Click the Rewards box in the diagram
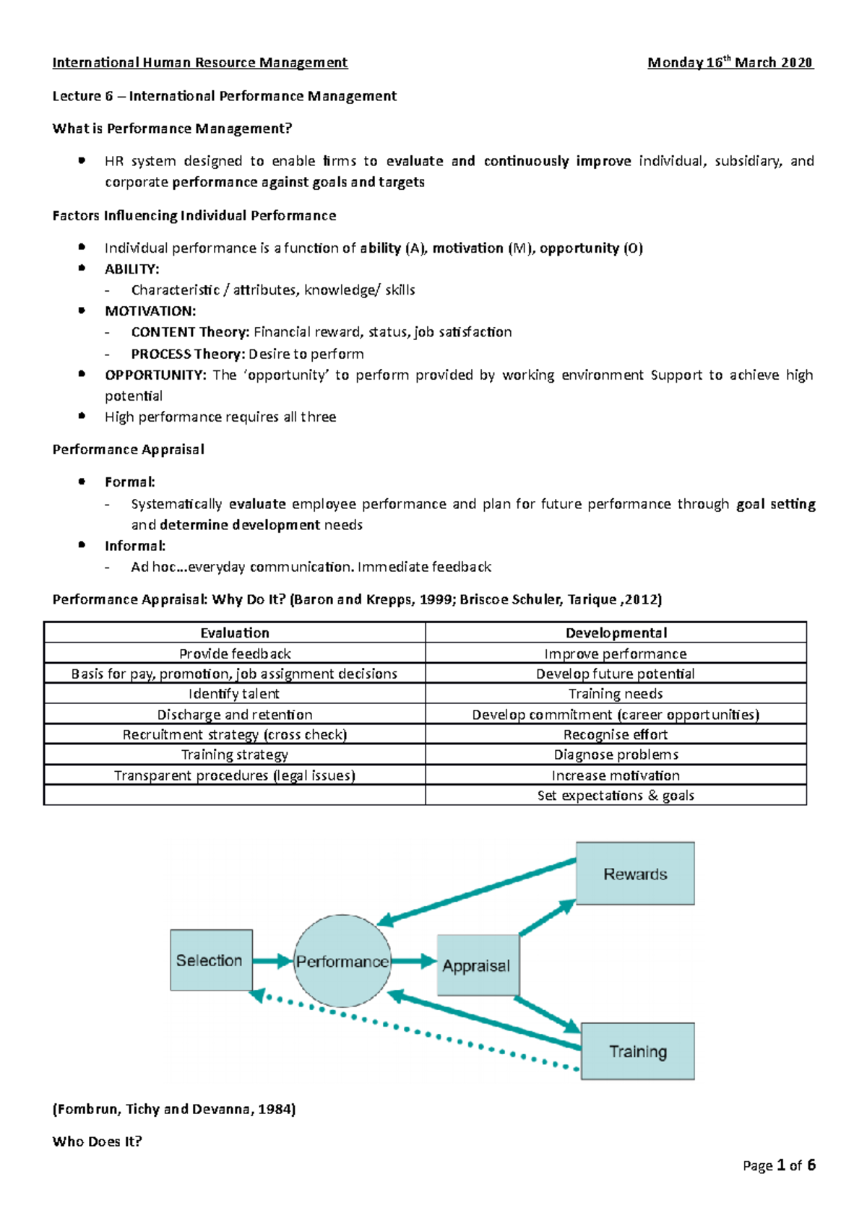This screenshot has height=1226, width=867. click(x=635, y=874)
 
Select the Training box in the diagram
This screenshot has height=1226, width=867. click(x=637, y=1051)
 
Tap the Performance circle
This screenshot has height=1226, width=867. click(x=342, y=961)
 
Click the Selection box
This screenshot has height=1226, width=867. click(x=211, y=960)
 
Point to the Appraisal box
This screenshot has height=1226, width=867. click(x=477, y=965)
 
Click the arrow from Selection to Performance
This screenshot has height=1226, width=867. click(x=272, y=961)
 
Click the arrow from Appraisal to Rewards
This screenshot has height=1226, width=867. click(x=547, y=918)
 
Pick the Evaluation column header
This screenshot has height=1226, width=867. click(x=235, y=632)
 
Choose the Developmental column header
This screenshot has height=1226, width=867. click(x=616, y=632)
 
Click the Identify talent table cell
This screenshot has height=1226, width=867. click(x=234, y=694)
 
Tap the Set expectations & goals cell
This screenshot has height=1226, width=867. click(x=616, y=796)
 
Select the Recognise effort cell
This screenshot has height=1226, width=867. click(x=616, y=734)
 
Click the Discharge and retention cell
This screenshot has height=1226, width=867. click(x=235, y=714)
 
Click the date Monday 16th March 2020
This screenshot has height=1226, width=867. click(x=730, y=63)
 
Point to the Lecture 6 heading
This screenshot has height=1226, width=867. click(x=224, y=96)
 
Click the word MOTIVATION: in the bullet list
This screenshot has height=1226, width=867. click(x=150, y=311)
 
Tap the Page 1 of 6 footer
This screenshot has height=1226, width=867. click(x=779, y=1165)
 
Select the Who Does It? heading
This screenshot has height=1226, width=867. click(x=98, y=1142)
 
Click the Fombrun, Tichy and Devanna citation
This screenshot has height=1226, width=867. click(x=174, y=1109)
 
